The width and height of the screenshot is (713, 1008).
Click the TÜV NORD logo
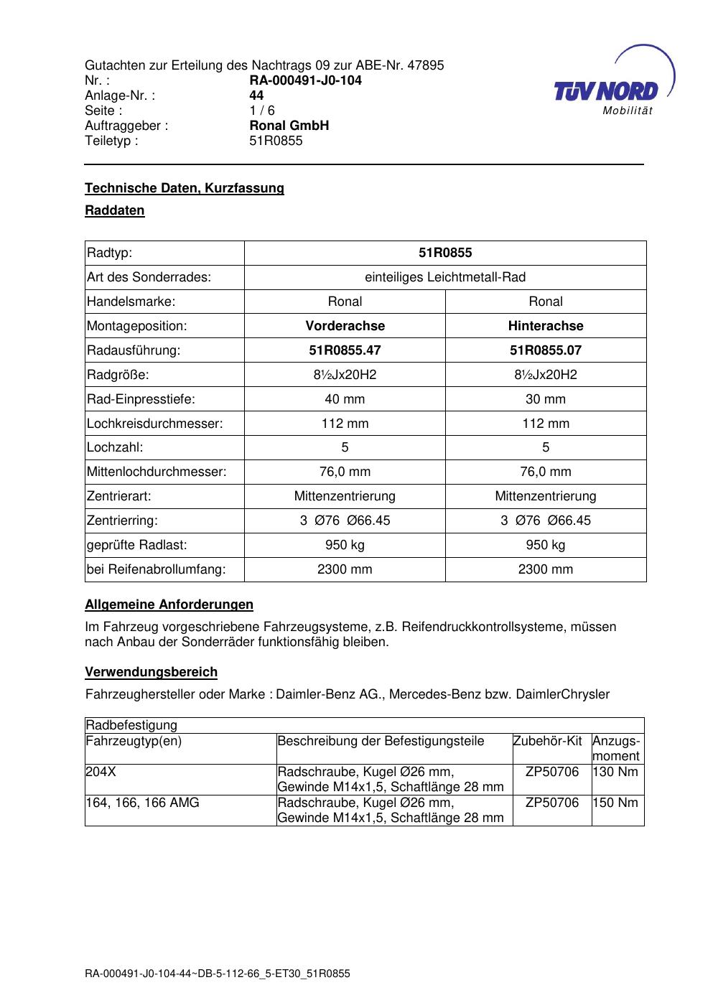(607, 90)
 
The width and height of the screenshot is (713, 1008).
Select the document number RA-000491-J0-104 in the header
(305, 80)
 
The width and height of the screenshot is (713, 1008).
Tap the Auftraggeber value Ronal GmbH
(289, 126)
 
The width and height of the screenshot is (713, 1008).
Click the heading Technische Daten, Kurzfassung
(185, 188)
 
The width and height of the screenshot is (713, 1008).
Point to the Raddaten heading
(115, 210)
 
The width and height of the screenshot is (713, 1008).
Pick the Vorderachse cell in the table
(345, 326)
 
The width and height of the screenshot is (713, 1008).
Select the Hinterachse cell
(546, 326)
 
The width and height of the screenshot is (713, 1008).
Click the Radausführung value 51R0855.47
(345, 350)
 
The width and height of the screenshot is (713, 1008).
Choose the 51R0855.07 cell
(546, 350)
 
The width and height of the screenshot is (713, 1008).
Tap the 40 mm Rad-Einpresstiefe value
(345, 399)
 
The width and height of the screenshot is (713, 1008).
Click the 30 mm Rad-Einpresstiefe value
(546, 399)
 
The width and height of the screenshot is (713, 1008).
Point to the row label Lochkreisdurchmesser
(155, 424)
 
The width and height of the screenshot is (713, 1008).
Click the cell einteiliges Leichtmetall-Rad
(445, 277)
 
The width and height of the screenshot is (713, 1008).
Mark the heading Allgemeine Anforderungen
(169, 605)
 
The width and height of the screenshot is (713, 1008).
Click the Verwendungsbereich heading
(151, 672)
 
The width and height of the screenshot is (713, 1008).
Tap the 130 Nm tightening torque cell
(615, 772)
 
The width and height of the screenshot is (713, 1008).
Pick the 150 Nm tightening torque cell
(615, 803)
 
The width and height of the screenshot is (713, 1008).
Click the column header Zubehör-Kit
(547, 741)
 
